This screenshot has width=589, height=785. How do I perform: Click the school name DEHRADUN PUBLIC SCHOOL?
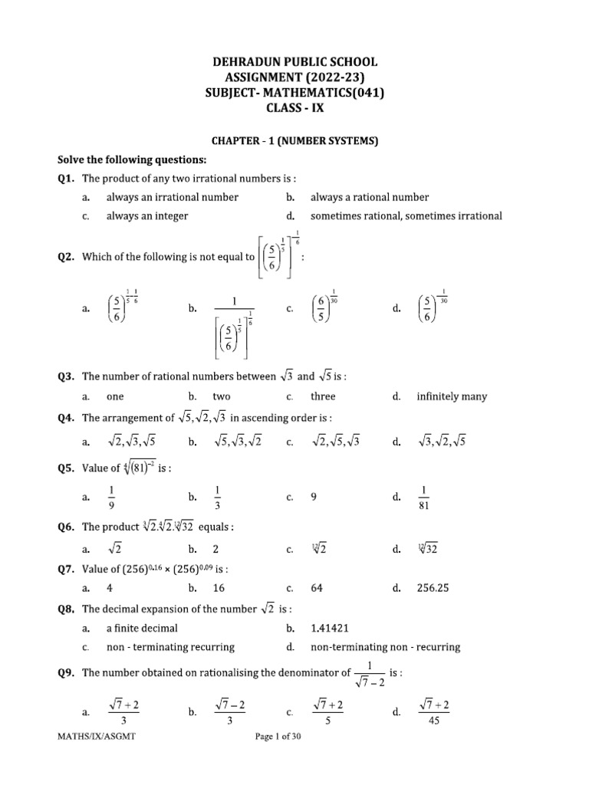coord(294,62)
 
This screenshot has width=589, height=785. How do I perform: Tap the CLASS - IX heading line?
coord(294,108)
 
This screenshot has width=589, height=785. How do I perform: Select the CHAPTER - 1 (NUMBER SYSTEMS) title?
coord(295,142)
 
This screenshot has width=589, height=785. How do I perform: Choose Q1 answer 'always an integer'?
coord(146,216)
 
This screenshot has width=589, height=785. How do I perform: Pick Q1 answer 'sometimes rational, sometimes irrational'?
coord(406,216)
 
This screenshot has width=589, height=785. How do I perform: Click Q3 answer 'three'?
coord(323,396)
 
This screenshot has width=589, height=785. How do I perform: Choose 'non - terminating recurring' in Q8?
coord(170,647)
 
